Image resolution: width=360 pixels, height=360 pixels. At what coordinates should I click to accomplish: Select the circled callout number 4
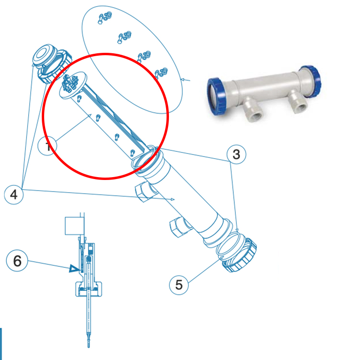click(x=13, y=194)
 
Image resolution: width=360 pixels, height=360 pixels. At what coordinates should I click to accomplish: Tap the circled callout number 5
click(x=179, y=285)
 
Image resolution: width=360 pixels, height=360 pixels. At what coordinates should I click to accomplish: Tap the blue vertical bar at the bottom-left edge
click(x=1, y=344)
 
